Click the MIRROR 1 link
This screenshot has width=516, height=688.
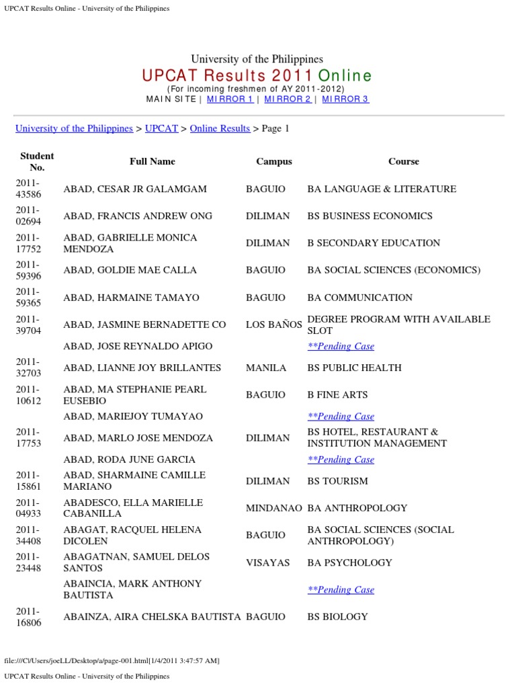pos(230,99)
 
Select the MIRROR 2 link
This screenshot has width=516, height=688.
pos(288,99)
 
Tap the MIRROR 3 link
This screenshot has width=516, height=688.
pos(345,99)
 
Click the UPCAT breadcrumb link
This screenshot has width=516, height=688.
pos(161,128)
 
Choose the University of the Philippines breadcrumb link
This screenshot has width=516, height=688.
pos(74,128)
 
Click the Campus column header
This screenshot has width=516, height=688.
pos(274,161)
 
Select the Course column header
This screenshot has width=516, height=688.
pos(403,161)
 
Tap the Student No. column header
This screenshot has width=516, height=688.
pos(37,161)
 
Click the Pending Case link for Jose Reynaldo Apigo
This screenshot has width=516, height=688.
pos(341,346)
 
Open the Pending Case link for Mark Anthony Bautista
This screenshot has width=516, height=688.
pos(341,589)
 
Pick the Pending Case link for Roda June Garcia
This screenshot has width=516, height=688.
pos(341,460)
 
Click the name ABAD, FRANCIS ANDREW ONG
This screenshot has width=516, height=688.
pos(138,216)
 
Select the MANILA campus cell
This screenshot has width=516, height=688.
pos(266,368)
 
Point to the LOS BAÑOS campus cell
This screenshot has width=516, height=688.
pos(274,325)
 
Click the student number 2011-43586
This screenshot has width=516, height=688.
pos(29,189)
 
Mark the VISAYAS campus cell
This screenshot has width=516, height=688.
pos(267,562)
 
